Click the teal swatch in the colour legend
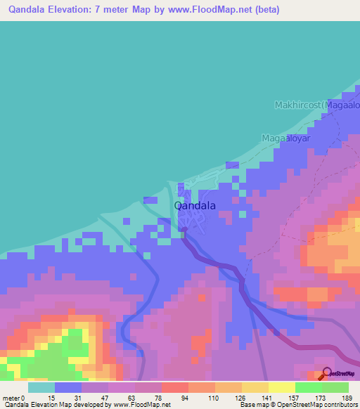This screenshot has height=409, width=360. (x=41, y=387)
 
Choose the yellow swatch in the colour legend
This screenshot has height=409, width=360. (x=281, y=387)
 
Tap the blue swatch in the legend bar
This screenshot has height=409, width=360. (x=67, y=387)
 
